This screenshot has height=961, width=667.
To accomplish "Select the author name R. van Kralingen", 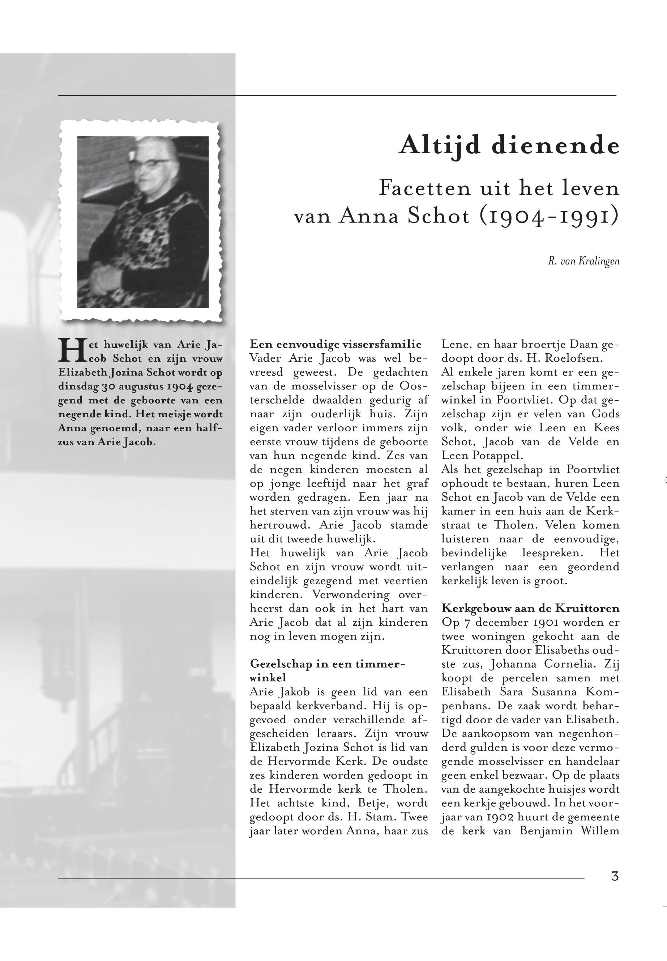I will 583,262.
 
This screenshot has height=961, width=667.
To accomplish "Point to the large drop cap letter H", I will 70,350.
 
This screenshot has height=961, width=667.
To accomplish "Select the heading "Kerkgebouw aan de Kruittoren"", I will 530,608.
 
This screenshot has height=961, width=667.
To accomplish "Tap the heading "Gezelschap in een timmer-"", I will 327,664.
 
